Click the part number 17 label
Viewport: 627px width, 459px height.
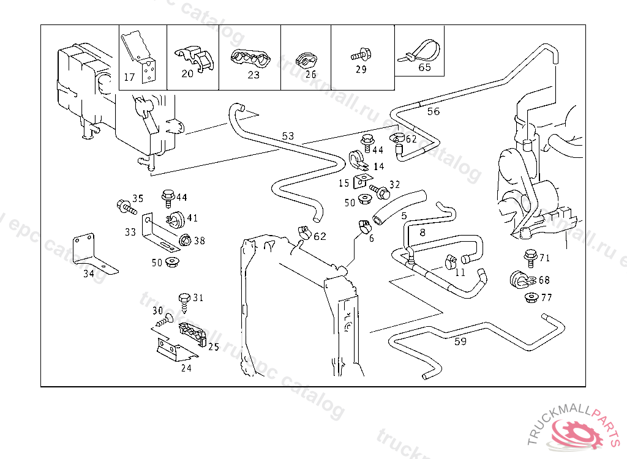click(129, 77)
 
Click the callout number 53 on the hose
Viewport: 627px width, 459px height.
click(288, 135)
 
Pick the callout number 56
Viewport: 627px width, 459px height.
click(433, 111)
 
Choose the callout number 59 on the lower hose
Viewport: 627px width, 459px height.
click(460, 341)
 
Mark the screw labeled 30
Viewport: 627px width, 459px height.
click(163, 321)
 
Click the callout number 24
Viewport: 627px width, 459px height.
click(186, 368)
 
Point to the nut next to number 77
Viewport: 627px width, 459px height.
click(530, 298)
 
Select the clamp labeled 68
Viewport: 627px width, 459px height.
click(520, 280)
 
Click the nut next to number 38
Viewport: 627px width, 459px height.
click(184, 241)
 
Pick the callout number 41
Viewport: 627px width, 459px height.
click(192, 218)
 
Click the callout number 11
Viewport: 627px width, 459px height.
click(460, 272)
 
